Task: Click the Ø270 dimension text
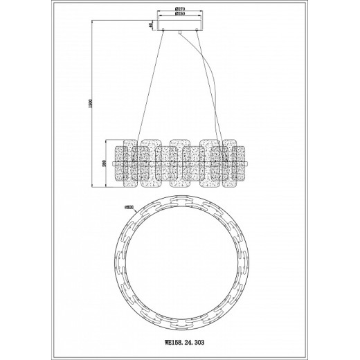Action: (x=180, y=8)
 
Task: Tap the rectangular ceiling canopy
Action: (x=180, y=26)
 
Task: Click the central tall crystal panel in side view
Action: (x=180, y=164)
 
